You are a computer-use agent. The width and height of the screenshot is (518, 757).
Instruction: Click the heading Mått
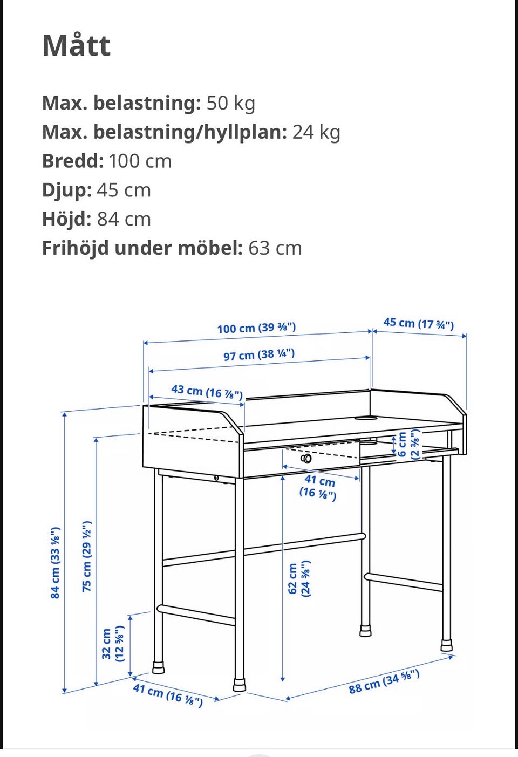point(77,45)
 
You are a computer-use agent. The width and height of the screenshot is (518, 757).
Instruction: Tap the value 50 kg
point(231,103)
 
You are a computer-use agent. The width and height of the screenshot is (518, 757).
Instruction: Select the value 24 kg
point(316,132)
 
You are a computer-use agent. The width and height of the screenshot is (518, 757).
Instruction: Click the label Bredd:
point(72,161)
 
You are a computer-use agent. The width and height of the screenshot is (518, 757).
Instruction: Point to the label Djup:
point(67,190)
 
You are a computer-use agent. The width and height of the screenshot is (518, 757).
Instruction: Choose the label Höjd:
point(67,219)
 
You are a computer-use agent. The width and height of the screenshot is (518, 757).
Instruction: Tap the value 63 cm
point(275,248)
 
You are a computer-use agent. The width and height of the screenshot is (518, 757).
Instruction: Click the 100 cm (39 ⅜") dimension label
point(256,328)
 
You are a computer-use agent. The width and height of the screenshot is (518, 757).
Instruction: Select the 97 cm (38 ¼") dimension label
point(259,355)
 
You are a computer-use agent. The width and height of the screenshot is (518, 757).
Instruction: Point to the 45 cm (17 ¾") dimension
point(418,324)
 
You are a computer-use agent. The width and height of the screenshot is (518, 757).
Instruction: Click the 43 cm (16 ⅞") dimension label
point(207,391)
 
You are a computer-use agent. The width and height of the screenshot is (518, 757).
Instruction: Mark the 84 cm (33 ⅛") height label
point(55,563)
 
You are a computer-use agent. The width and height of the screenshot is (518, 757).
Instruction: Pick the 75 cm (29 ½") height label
point(87,556)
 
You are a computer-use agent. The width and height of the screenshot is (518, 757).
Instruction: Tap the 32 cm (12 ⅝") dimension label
point(113,644)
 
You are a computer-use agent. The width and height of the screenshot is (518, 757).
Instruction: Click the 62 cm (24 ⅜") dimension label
point(299,578)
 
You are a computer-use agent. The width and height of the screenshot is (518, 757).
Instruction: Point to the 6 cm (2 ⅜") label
point(408,444)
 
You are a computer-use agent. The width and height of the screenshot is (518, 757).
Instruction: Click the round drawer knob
point(306,459)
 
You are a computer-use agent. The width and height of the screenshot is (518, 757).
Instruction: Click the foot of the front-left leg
point(239,685)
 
